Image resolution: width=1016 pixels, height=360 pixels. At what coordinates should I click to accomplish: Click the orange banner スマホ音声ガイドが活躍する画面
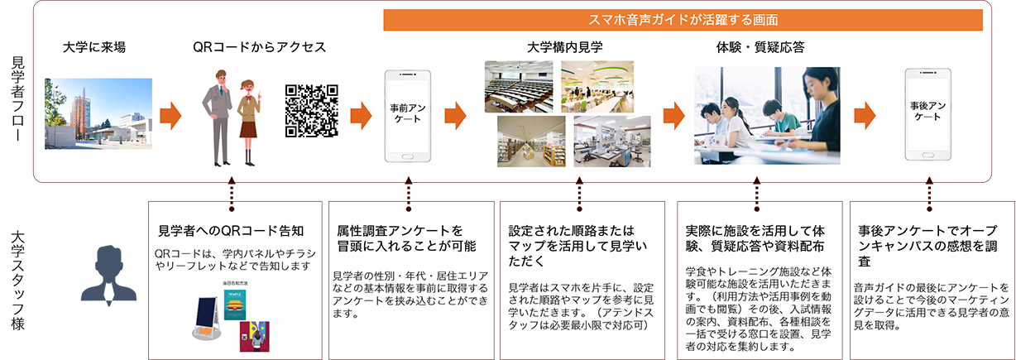point(686,18)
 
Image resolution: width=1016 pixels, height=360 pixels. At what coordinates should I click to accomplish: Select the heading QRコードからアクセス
point(259,48)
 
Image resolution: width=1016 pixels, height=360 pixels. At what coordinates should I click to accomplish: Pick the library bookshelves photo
point(531,142)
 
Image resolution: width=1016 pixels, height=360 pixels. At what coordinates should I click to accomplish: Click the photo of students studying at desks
point(767,115)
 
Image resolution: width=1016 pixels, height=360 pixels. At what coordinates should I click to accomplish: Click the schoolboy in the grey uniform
point(218,116)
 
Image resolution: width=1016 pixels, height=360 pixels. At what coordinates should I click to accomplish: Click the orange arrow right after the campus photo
point(171,115)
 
